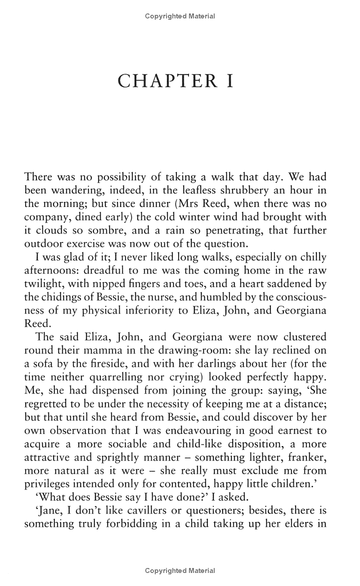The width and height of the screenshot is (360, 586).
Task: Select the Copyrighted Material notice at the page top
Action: point(180,16)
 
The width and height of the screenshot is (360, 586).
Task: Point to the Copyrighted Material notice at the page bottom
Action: point(180,571)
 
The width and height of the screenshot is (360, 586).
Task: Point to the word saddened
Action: point(286,284)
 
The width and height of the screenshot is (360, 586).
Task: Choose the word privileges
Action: point(47,484)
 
